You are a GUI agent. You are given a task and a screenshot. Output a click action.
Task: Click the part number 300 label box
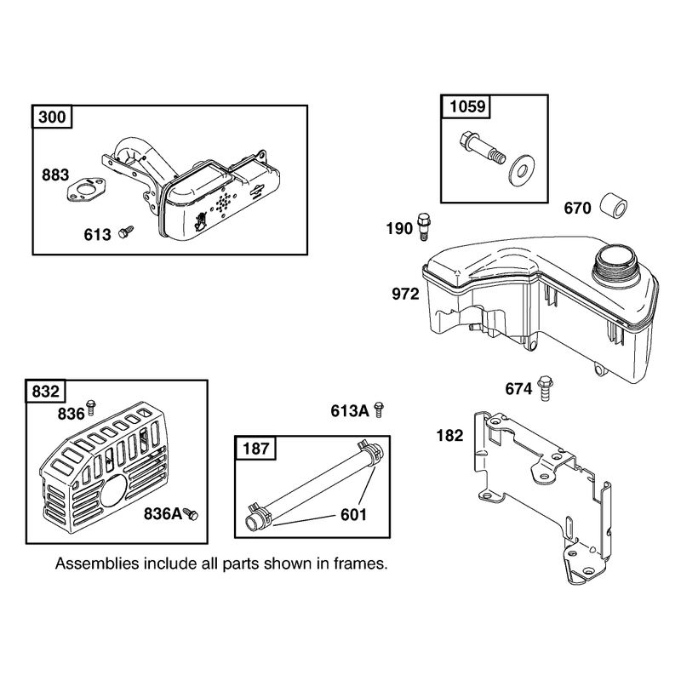tap(52, 117)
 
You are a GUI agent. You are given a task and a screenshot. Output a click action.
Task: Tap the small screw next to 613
tap(126, 232)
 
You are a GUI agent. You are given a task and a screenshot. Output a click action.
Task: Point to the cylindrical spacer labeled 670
tap(614, 208)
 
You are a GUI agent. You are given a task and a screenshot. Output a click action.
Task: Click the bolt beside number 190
tap(423, 226)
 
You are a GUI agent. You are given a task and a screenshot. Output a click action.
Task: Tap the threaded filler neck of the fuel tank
tap(613, 262)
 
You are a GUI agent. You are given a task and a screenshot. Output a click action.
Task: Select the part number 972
tap(405, 294)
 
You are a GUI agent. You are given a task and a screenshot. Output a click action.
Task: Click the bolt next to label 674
tap(546, 388)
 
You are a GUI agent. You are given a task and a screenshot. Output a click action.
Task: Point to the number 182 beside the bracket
tap(450, 435)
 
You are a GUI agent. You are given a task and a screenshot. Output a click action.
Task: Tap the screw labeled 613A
tap(379, 409)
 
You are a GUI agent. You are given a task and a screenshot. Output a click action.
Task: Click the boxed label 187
tap(256, 448)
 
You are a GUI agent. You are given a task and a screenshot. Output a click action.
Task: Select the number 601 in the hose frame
tap(353, 515)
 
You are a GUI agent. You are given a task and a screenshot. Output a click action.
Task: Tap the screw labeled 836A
tap(191, 514)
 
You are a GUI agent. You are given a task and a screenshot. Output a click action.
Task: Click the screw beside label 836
tap(91, 407)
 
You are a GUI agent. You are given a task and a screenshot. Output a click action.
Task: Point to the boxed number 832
tap(46, 391)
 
